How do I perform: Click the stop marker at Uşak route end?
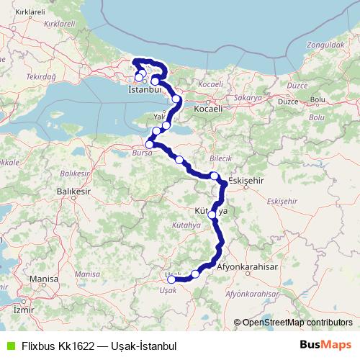171,279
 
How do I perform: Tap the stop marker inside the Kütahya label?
212,215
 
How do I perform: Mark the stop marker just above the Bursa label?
149,144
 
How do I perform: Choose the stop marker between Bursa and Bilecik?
179,160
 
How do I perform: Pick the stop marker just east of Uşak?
195,274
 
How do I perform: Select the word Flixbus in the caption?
36,346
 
